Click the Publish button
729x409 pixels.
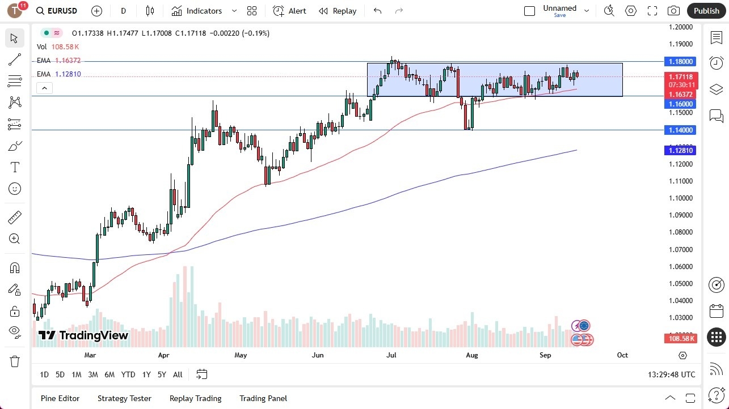[x=706, y=11]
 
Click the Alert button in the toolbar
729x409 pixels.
[x=289, y=11]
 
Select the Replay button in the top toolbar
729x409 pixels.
[x=338, y=11]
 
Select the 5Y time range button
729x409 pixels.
[x=162, y=374]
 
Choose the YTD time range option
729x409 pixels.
[x=128, y=374]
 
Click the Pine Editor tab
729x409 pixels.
[x=60, y=398]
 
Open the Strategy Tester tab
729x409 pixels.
[x=124, y=398]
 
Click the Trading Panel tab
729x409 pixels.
[x=263, y=398]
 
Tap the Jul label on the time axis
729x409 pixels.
[x=391, y=355]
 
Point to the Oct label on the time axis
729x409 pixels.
[x=622, y=355]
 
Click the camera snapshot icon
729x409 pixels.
[x=673, y=11]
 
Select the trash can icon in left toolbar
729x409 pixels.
[x=15, y=361]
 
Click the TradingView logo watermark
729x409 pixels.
[x=83, y=335]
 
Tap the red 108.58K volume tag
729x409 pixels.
[x=681, y=338]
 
